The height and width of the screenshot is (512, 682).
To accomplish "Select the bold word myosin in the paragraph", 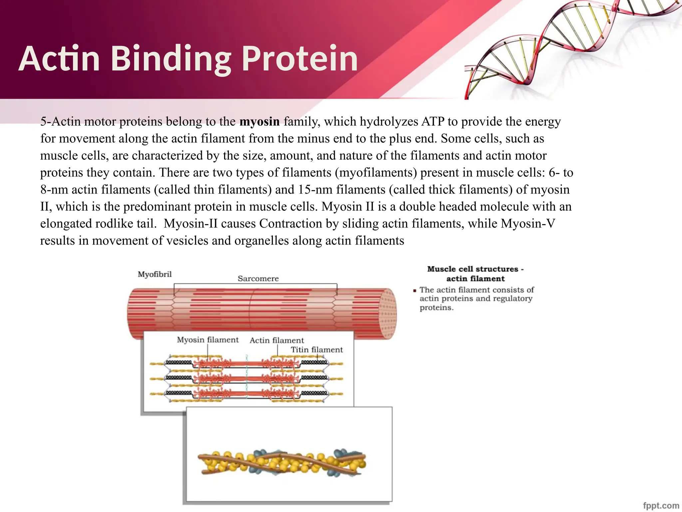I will point(259,121).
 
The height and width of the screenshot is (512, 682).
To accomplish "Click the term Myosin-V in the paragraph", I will point(528,223).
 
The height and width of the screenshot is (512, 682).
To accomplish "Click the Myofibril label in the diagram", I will point(155,274).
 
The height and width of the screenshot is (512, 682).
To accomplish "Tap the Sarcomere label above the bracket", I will point(258,279).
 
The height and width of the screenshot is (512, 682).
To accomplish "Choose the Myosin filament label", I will point(207,340).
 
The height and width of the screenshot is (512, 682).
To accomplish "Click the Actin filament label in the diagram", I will point(277,340).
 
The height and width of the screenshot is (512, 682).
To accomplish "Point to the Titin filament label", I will point(316,350).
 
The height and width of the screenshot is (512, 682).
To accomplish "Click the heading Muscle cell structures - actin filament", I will point(475,274).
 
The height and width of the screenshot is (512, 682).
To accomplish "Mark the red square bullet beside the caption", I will point(415,291).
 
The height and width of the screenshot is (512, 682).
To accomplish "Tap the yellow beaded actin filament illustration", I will point(282,463).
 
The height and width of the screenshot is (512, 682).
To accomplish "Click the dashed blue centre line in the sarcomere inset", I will point(247,377).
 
